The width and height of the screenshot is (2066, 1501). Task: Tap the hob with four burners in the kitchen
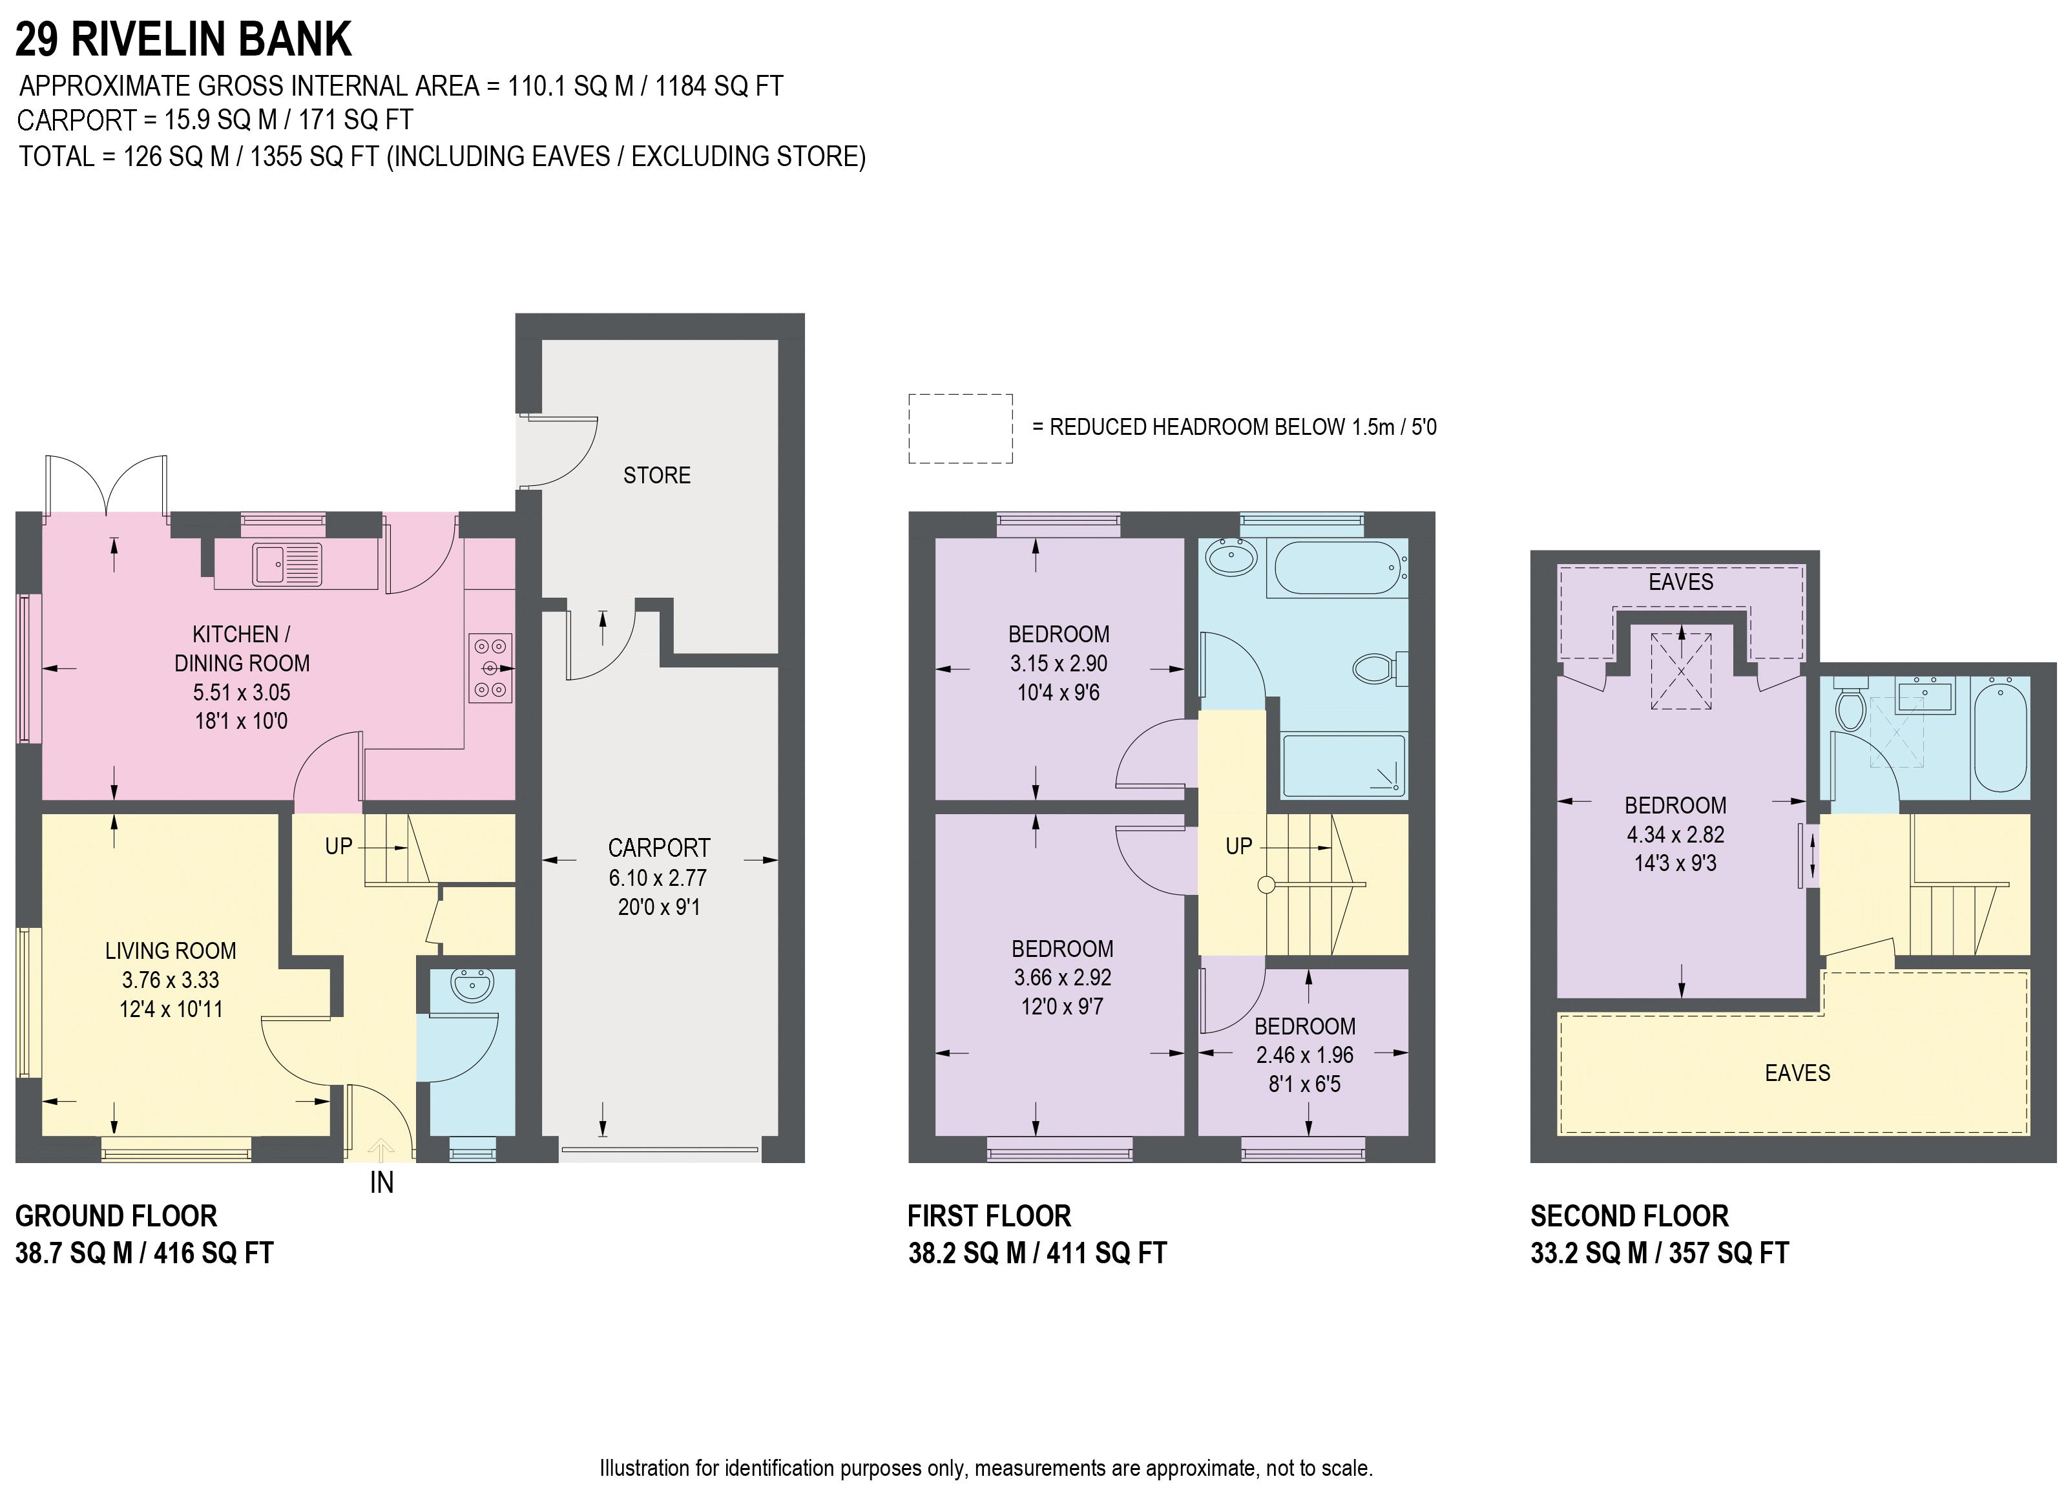pyautogui.click(x=490, y=668)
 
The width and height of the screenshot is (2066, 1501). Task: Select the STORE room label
pyautogui.click(x=657, y=475)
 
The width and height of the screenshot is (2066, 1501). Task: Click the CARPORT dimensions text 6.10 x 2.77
pyautogui.click(x=658, y=877)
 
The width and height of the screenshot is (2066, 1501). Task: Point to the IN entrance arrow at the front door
pyautogui.click(x=381, y=1150)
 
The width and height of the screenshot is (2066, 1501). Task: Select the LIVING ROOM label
pyautogui.click(x=171, y=950)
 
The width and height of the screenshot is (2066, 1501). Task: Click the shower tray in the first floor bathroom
pyautogui.click(x=1344, y=766)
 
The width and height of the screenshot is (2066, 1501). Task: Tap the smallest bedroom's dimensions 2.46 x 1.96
pyautogui.click(x=1304, y=1055)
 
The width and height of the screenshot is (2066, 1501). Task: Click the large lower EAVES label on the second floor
pyautogui.click(x=1797, y=1073)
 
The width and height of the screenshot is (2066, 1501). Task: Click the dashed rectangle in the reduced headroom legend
pyautogui.click(x=960, y=428)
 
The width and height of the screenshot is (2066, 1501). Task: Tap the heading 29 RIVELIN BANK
pyautogui.click(x=183, y=39)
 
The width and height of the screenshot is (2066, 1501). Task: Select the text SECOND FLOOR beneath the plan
pyautogui.click(x=1629, y=1216)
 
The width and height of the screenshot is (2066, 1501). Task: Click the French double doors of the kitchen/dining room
pyautogui.click(x=107, y=486)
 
